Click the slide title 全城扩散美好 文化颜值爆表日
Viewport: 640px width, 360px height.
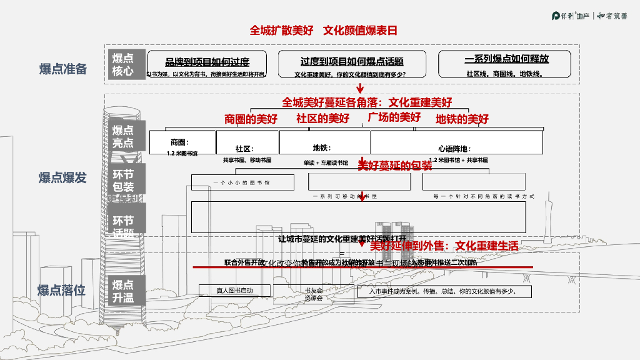point(323,30)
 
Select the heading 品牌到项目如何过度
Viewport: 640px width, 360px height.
point(207,61)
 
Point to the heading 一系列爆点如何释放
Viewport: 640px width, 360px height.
point(506,59)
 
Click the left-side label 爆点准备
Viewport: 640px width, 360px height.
point(63,69)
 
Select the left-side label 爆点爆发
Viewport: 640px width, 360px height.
point(62,177)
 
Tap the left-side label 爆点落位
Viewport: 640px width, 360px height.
point(61,291)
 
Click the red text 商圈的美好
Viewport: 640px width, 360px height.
point(251,119)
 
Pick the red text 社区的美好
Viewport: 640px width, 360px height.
point(322,118)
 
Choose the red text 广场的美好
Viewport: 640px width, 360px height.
point(394,117)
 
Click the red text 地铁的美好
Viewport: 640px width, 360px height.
point(462,119)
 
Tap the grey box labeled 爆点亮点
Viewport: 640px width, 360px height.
point(123,136)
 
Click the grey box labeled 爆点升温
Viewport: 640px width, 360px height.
point(123,291)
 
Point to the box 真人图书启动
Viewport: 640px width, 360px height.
point(234,291)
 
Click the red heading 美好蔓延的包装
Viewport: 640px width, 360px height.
point(394,166)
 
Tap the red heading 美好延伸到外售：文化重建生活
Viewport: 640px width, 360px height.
point(444,246)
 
